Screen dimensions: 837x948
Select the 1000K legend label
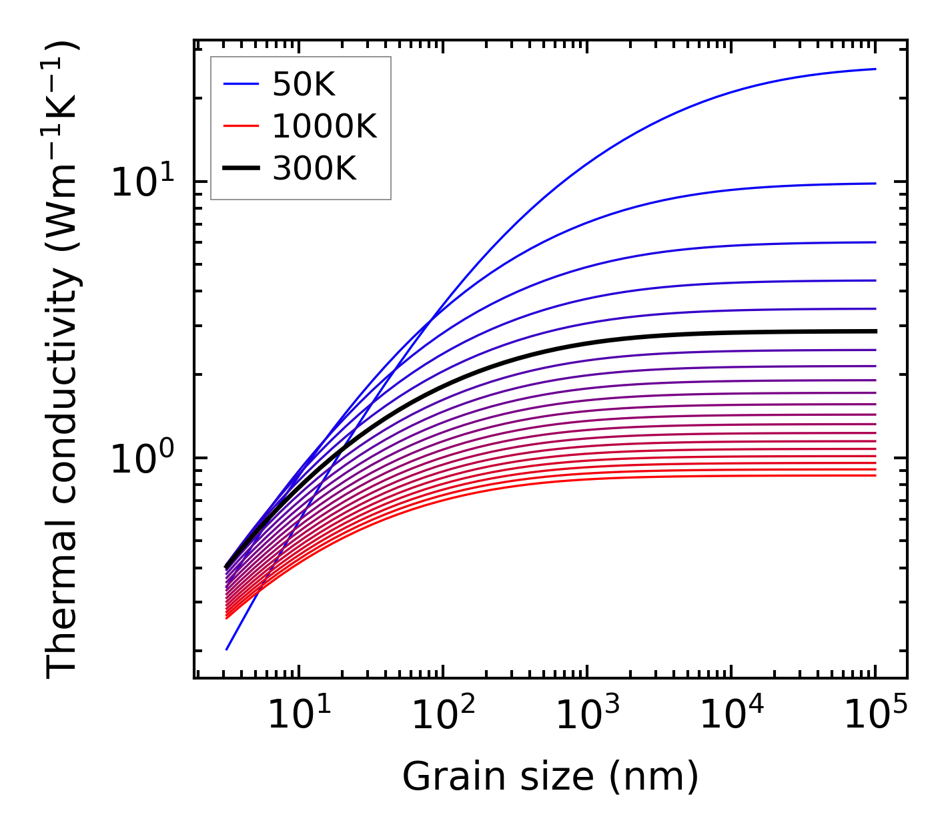tap(324, 126)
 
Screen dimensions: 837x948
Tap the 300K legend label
tap(314, 169)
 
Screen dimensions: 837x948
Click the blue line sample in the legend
tap(240, 84)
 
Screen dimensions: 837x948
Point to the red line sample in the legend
tap(240, 126)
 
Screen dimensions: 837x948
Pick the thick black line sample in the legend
tap(240, 169)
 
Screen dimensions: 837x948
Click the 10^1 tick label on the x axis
tap(299, 716)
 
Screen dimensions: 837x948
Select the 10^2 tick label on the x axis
tap(443, 716)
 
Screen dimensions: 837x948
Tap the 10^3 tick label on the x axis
tap(588, 716)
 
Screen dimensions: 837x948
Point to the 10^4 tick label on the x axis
tap(732, 716)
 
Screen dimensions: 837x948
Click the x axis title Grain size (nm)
tap(550, 776)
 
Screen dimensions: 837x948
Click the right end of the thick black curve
tap(875, 331)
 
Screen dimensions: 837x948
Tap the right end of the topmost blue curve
tap(875, 69)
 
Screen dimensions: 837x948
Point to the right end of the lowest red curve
tap(875, 475)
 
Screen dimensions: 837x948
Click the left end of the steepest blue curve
tap(227, 649)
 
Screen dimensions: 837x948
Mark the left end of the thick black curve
tap(227, 567)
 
